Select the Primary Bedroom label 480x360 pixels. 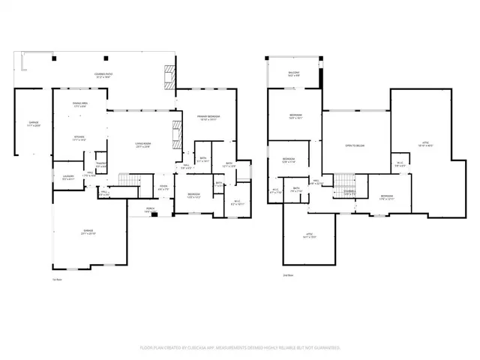click(x=208, y=118)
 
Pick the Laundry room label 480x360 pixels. click(x=67, y=178)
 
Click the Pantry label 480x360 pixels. click(x=101, y=165)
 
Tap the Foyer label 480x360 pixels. click(x=163, y=188)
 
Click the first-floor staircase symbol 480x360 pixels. click(x=130, y=181)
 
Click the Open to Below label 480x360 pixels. click(x=355, y=145)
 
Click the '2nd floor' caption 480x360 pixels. click(x=289, y=275)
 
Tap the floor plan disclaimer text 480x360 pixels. click(x=240, y=348)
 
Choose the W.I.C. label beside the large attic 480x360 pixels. click(x=400, y=166)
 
